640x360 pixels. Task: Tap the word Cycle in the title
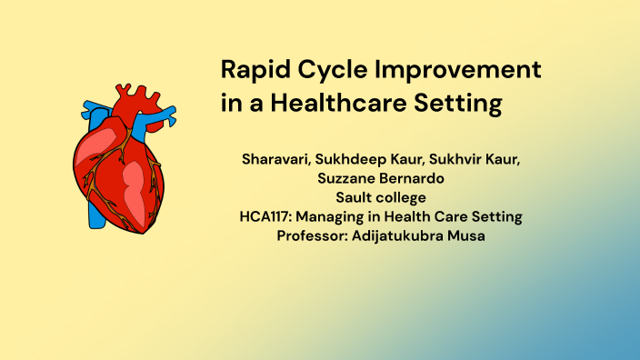[331, 71]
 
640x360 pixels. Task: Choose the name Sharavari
[275, 161]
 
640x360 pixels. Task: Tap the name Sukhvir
[461, 161]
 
